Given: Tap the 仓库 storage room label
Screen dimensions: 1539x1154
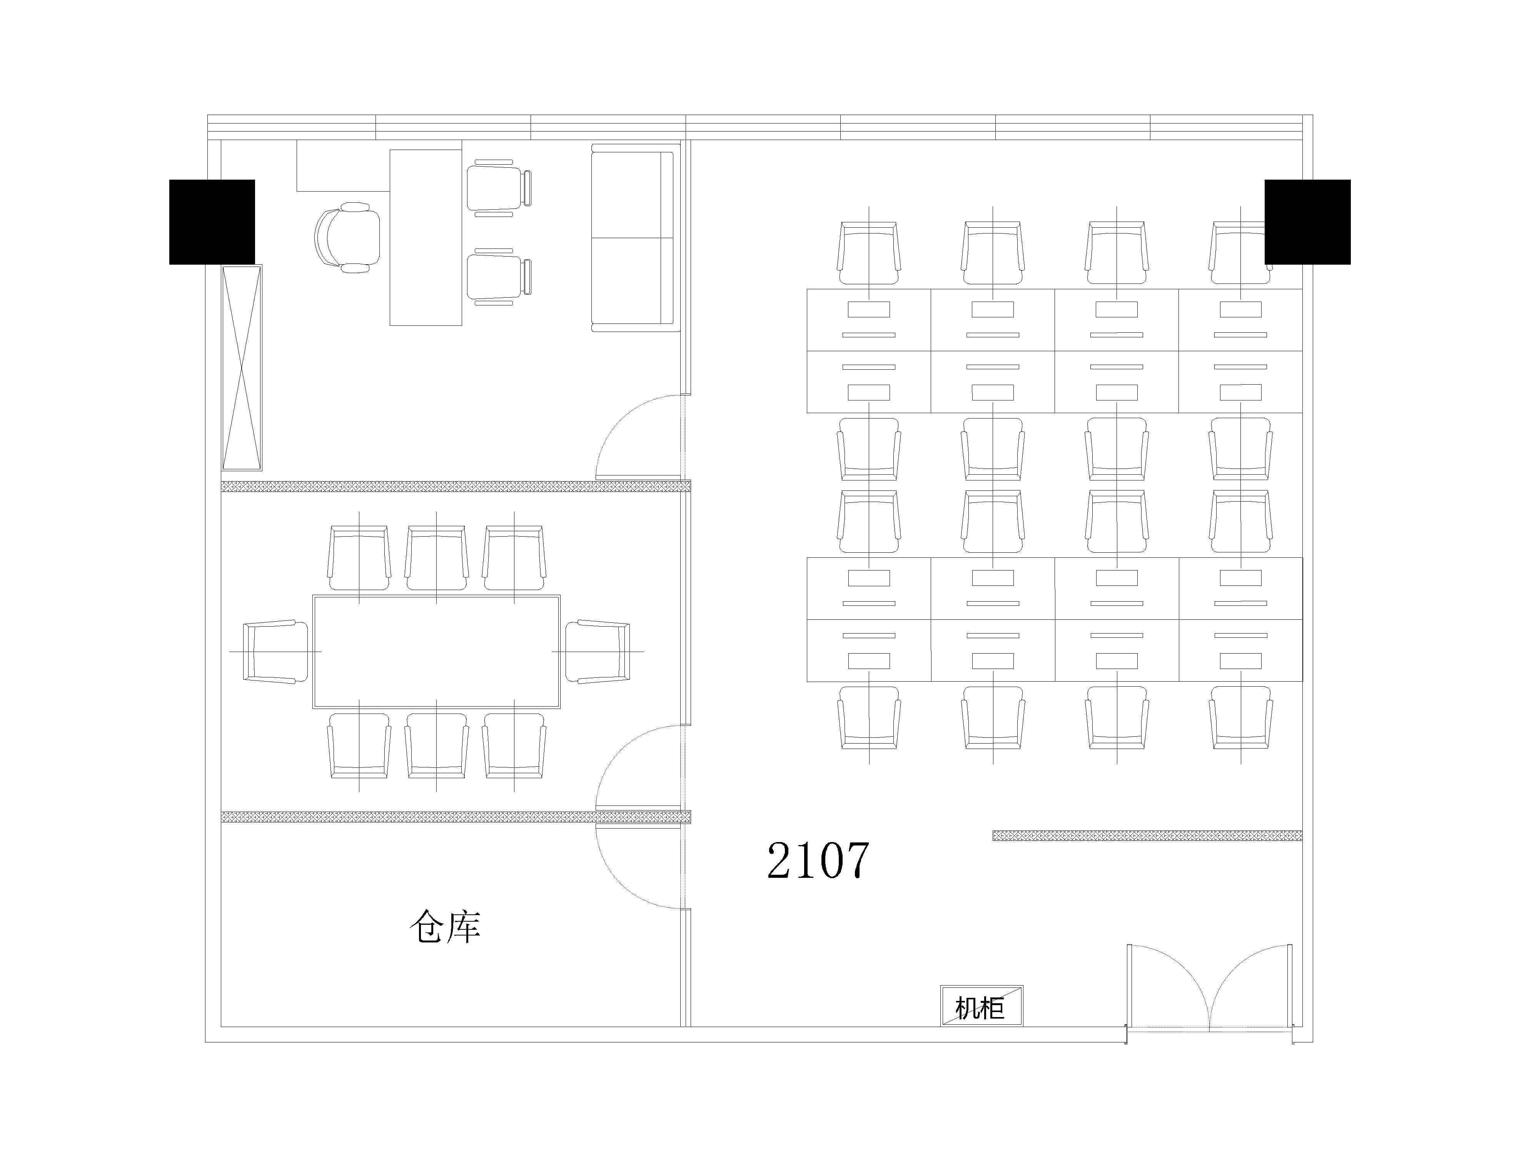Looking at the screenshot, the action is click(445, 927).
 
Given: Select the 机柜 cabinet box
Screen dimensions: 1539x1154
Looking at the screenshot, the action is click(982, 1006).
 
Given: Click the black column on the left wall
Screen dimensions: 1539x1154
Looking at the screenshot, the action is click(212, 222).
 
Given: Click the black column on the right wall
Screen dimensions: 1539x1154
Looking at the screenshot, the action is click(1307, 222).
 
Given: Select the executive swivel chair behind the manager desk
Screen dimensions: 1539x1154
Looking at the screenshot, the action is click(348, 237).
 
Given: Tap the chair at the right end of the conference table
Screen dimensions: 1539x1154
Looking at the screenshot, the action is click(598, 652).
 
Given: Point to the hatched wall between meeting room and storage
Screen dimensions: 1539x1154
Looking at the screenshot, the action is click(456, 817).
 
